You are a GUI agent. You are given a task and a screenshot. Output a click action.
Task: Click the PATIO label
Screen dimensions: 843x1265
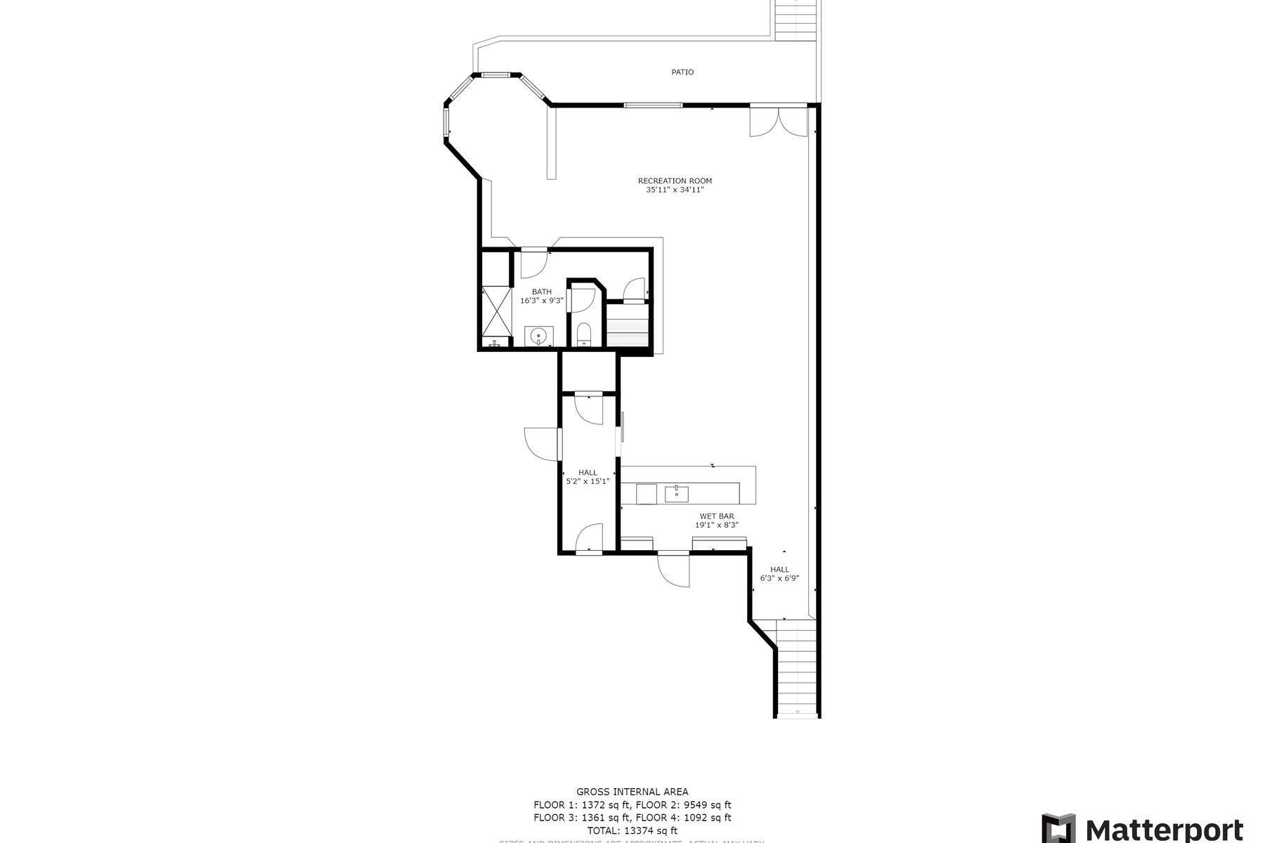click(682, 72)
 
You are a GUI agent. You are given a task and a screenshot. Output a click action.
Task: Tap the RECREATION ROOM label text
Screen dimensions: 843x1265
click(675, 181)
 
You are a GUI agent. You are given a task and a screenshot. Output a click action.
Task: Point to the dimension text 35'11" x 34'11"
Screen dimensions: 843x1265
click(675, 190)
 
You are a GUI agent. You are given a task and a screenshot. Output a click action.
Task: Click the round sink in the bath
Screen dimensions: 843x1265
click(539, 336)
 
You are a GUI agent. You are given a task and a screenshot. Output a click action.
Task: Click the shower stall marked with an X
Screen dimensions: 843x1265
click(495, 313)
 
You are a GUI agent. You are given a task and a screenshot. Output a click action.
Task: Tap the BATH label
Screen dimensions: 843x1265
click(542, 292)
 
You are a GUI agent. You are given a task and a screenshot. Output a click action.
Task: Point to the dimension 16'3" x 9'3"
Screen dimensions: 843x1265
click(542, 301)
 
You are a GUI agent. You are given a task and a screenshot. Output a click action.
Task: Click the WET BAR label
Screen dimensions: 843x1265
click(717, 516)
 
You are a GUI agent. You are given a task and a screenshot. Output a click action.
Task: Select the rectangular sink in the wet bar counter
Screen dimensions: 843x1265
click(677, 493)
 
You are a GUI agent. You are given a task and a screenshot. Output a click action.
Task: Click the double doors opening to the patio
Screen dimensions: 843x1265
click(779, 121)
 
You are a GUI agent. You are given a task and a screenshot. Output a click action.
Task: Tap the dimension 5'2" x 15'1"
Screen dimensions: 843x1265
click(588, 482)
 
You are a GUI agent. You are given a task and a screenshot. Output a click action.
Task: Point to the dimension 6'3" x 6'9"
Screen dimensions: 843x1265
click(779, 579)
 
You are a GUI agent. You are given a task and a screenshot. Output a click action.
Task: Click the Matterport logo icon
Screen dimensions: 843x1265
click(1058, 828)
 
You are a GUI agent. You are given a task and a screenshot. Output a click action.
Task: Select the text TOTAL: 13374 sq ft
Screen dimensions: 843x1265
click(632, 830)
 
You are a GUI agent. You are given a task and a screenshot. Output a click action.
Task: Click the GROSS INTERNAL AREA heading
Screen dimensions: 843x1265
click(632, 792)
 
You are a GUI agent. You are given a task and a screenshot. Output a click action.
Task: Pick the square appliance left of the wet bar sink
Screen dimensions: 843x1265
click(646, 494)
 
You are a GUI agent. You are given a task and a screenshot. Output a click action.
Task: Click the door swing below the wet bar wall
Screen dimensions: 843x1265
click(674, 570)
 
